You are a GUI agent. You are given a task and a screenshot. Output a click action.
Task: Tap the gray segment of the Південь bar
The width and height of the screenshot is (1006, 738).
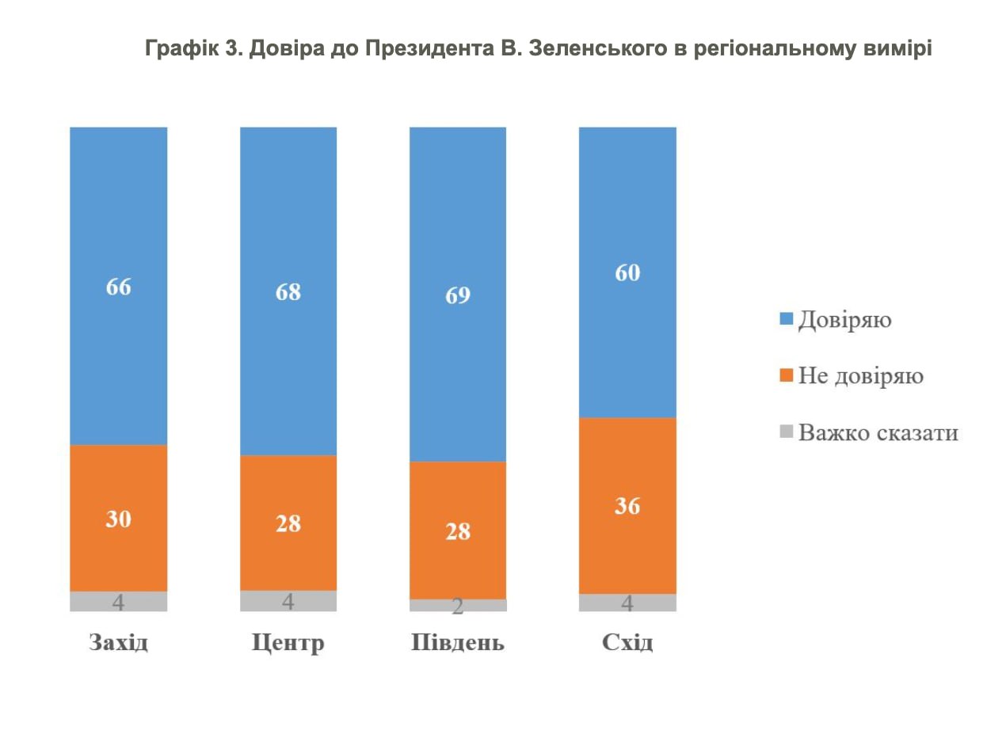pyautogui.click(x=458, y=606)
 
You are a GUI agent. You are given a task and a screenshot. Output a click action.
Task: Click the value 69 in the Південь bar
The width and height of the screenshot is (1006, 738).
pyautogui.click(x=458, y=296)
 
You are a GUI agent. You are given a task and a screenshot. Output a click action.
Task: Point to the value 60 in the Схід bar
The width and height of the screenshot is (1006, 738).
pyautogui.click(x=627, y=273)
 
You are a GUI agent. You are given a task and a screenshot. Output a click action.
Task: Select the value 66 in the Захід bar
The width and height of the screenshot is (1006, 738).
pyautogui.click(x=119, y=287)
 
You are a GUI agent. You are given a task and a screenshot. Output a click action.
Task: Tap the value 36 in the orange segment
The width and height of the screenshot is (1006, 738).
pyautogui.click(x=627, y=506)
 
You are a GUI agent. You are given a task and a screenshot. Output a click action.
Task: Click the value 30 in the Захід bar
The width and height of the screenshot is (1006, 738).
pyautogui.click(x=119, y=519)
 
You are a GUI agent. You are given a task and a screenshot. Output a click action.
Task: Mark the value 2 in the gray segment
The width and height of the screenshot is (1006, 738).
pyautogui.click(x=458, y=607)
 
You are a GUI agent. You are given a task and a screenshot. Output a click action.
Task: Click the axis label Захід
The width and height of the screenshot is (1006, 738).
pyautogui.click(x=119, y=642)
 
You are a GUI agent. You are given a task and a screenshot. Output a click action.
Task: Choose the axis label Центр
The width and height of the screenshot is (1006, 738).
pyautogui.click(x=288, y=642)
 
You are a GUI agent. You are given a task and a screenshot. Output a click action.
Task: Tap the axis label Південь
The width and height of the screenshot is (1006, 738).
pyautogui.click(x=458, y=642)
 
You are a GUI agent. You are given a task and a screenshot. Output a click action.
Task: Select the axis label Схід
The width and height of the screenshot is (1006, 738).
pyautogui.click(x=627, y=642)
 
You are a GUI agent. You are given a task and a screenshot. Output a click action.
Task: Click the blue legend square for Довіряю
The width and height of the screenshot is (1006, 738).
pyautogui.click(x=786, y=319)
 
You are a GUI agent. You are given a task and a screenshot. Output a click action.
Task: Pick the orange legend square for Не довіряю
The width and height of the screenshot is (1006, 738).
pyautogui.click(x=786, y=375)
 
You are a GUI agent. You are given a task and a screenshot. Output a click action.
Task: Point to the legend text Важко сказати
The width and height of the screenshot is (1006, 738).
pyautogui.click(x=878, y=432)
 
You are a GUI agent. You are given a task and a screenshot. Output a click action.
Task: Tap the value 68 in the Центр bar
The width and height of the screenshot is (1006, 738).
pyautogui.click(x=288, y=291)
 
